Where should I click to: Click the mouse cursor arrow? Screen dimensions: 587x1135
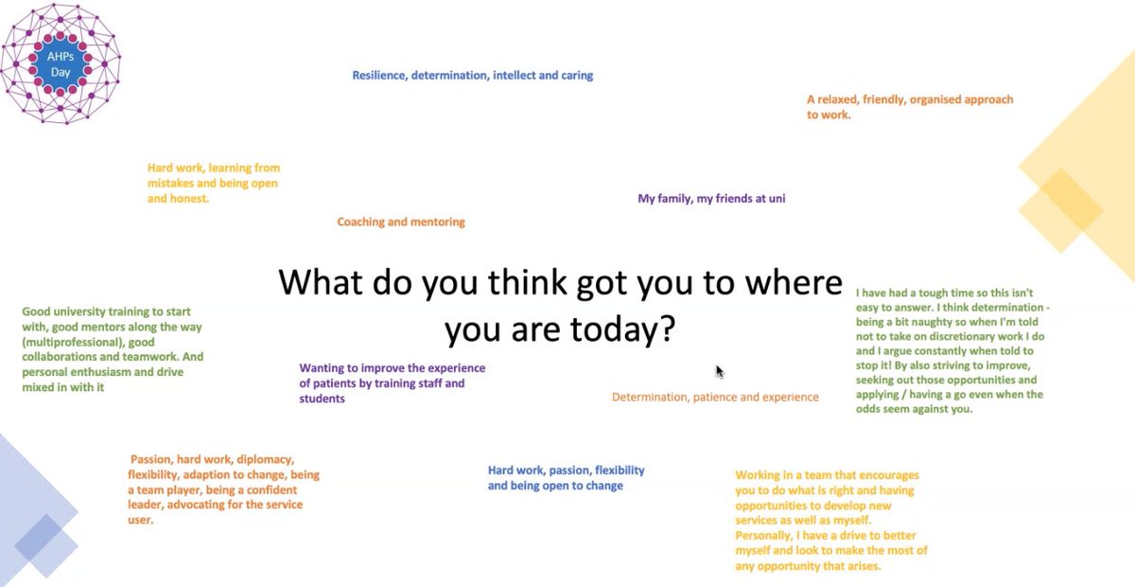click(x=719, y=371)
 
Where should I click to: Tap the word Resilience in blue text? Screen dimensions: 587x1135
click(x=379, y=76)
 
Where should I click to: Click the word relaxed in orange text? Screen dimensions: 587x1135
click(x=842, y=99)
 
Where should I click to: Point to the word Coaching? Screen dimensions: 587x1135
click(x=364, y=222)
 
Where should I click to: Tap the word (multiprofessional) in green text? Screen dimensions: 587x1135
click(x=75, y=342)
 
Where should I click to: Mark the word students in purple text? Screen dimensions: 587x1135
click(x=322, y=399)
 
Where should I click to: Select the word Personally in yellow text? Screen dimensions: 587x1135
click(x=766, y=536)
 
